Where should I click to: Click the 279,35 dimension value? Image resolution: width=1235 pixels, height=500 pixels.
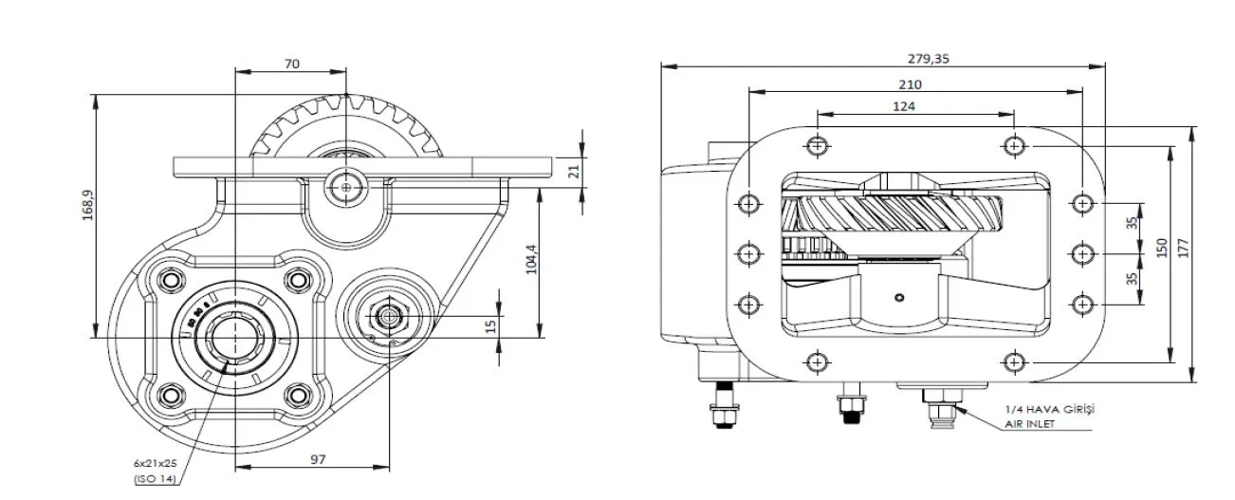[929, 59]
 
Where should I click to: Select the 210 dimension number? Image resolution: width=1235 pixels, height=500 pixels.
[910, 84]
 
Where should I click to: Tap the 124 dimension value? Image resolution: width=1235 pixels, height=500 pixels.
[904, 106]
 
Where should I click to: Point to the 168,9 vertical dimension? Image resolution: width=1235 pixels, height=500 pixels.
[88, 205]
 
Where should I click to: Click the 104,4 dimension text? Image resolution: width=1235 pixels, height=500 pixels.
[531, 259]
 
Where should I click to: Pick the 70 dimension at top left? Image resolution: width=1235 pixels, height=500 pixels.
[291, 64]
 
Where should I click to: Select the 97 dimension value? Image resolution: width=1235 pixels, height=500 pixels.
[318, 459]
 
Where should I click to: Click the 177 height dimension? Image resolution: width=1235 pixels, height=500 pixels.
[1184, 248]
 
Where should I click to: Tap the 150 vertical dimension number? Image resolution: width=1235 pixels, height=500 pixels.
[1162, 248]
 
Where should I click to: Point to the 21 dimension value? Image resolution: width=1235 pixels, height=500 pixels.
[574, 172]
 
